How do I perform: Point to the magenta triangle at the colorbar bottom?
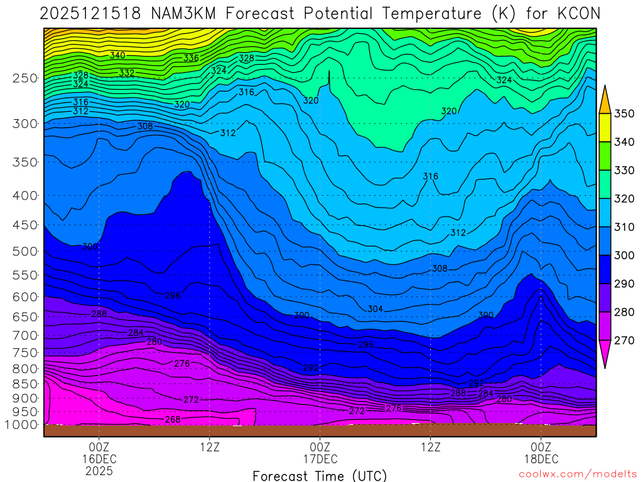tap(605, 354)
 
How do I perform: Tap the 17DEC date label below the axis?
tap(320, 459)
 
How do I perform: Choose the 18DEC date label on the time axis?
tap(541, 459)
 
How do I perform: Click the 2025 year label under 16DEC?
tap(99, 470)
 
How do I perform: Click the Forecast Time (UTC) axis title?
tap(320, 475)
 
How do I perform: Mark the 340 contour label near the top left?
tap(117, 55)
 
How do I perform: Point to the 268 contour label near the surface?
tap(173, 419)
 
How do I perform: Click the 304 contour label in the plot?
tap(375, 309)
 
